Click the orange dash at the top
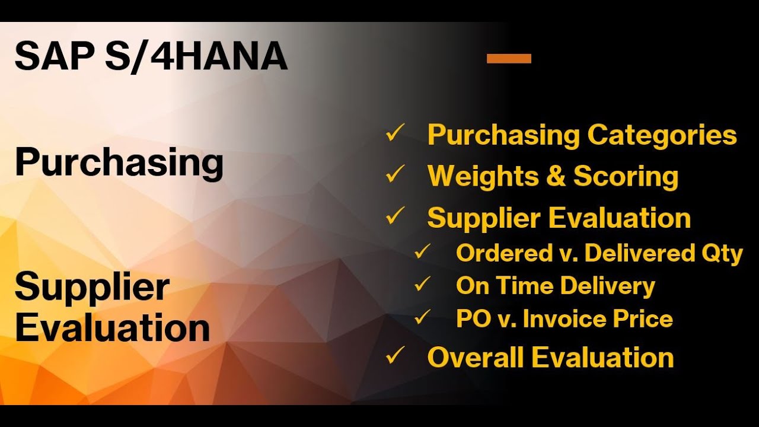509,58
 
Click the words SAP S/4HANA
151,57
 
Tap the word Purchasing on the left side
119,162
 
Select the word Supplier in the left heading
92,287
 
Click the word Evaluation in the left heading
112,328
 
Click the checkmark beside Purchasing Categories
395,133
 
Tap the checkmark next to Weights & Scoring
395,175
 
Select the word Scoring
626,177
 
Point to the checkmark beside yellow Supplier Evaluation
395,216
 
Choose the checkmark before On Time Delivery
423,285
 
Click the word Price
643,318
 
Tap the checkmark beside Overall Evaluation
395,356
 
